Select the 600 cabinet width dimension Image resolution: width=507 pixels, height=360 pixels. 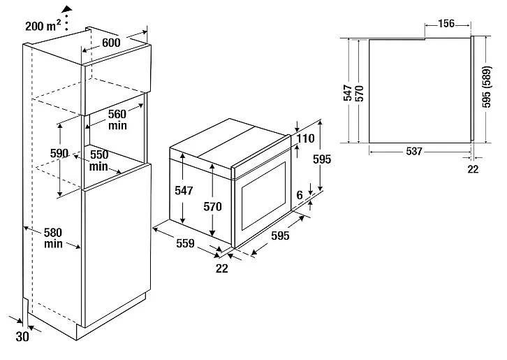click(111, 42)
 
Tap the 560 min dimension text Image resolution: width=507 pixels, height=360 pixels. click(117, 120)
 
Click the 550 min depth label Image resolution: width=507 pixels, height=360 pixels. click(98, 160)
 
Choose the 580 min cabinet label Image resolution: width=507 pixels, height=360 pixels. click(53, 238)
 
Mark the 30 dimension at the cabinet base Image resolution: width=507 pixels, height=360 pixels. click(23, 336)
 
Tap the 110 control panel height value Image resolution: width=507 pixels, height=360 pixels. click(306, 139)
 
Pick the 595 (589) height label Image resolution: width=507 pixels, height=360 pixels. click(490, 89)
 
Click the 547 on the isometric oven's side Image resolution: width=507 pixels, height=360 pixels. click(183, 189)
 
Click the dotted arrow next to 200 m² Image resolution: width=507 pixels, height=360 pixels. click(66, 15)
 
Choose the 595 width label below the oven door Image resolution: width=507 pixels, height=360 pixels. click(279, 236)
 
